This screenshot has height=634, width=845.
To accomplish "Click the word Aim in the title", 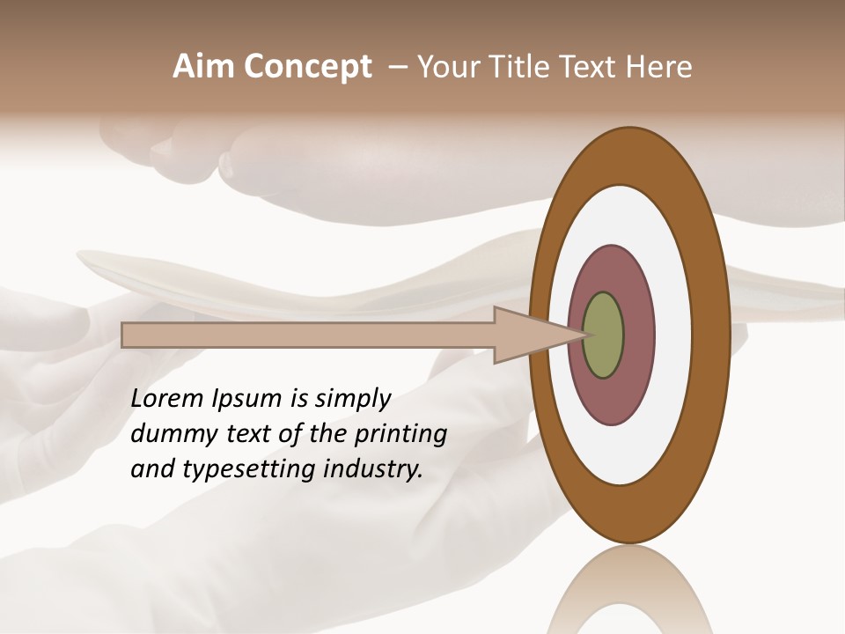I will [x=204, y=67].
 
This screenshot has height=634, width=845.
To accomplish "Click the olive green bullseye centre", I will [x=603, y=335].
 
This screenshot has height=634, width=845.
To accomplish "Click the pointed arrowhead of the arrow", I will [x=528, y=335].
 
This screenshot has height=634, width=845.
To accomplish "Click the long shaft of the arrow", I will [x=308, y=335].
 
